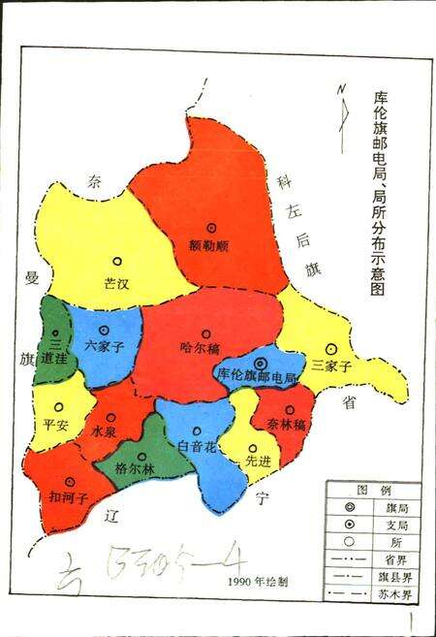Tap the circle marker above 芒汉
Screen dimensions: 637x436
(117, 261)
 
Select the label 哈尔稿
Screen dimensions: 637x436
(200, 346)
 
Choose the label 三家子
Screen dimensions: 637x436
(330, 364)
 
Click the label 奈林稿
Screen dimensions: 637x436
(286, 424)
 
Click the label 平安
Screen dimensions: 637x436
(56, 424)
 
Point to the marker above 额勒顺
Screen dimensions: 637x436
(210, 227)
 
